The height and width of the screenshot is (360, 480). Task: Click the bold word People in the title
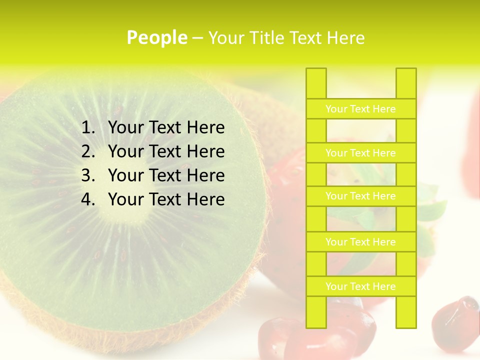click(x=156, y=37)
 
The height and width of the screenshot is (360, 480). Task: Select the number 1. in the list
click(x=88, y=128)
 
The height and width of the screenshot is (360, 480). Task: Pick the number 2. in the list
click(x=88, y=151)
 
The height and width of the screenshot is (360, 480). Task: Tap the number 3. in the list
click(x=88, y=175)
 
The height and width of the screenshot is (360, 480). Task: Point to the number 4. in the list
click(x=88, y=199)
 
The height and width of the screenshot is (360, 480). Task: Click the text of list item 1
click(x=166, y=128)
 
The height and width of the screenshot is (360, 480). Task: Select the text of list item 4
click(x=166, y=199)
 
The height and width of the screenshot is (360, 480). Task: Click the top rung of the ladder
click(x=360, y=109)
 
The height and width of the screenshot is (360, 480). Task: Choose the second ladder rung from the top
click(x=360, y=153)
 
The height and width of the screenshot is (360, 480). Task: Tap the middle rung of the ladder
click(x=360, y=196)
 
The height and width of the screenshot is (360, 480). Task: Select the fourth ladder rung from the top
click(x=360, y=242)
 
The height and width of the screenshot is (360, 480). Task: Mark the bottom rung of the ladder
click(x=360, y=286)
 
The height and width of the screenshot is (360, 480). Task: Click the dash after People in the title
click(x=197, y=38)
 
